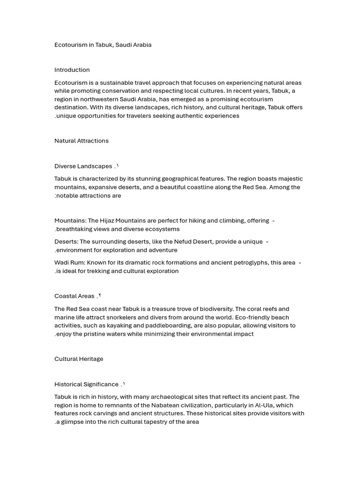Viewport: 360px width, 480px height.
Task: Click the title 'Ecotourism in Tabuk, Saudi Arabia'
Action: pyautogui.click(x=103, y=45)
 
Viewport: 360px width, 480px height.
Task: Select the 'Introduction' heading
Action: pyautogui.click(x=72, y=70)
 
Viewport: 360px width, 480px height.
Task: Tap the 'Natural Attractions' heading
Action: pyautogui.click(x=81, y=141)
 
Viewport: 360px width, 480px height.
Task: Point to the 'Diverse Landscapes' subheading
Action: pyautogui.click(x=83, y=166)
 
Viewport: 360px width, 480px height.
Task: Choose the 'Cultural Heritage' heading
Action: pyautogui.click(x=79, y=359)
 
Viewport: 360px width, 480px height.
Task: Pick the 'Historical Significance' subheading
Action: pyautogui.click(x=86, y=384)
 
